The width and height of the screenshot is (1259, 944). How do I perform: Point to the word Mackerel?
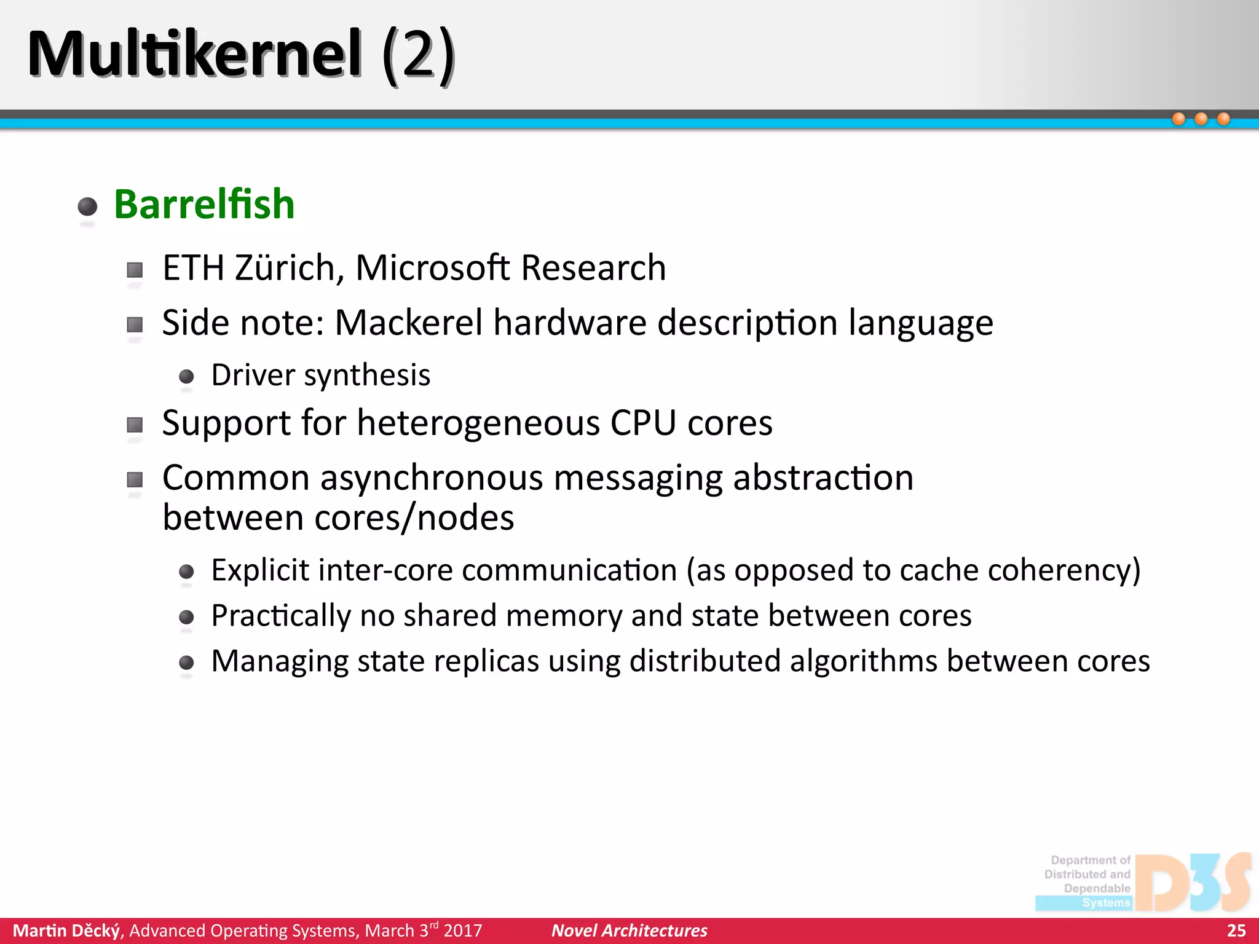[409, 323]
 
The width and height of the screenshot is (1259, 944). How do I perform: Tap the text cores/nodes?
[414, 518]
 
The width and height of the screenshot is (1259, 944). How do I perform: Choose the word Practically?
[280, 616]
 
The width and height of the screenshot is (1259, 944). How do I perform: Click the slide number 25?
[1236, 930]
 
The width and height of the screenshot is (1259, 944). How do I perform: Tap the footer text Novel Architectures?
[629, 930]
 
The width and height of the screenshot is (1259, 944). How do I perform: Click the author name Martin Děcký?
[66, 930]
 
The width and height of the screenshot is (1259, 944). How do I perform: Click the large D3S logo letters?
[1193, 883]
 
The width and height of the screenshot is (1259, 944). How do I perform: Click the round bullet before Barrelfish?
[88, 206]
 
